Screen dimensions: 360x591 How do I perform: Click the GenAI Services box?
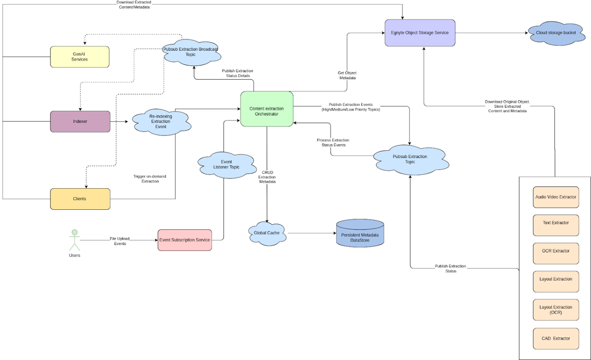pyautogui.click(x=80, y=57)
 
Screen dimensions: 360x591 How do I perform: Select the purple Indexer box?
pyautogui.click(x=80, y=121)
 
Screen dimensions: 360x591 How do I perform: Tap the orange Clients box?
pyautogui.click(x=80, y=199)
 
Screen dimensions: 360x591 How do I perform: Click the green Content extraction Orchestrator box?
pyautogui.click(x=267, y=109)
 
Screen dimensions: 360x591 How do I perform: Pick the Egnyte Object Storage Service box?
pyautogui.click(x=420, y=33)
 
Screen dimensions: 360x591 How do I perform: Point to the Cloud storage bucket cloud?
pyautogui.click(x=556, y=33)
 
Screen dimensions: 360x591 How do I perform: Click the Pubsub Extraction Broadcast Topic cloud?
pyautogui.click(x=191, y=51)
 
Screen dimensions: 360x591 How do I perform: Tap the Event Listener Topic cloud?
pyautogui.click(x=227, y=164)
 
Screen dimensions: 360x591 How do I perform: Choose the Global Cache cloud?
pyautogui.click(x=267, y=233)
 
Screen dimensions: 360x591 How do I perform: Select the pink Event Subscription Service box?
pyautogui.click(x=184, y=240)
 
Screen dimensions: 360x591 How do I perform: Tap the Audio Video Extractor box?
pyautogui.click(x=556, y=197)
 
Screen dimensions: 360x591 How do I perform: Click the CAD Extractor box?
pyautogui.click(x=556, y=338)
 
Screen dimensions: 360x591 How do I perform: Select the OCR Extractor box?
pyautogui.click(x=556, y=251)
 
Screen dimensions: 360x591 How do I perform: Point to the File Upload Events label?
pyautogui.click(x=120, y=241)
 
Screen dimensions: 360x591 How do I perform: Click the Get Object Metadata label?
pyautogui.click(x=347, y=75)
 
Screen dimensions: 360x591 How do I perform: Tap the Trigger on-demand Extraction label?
pyautogui.click(x=150, y=179)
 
